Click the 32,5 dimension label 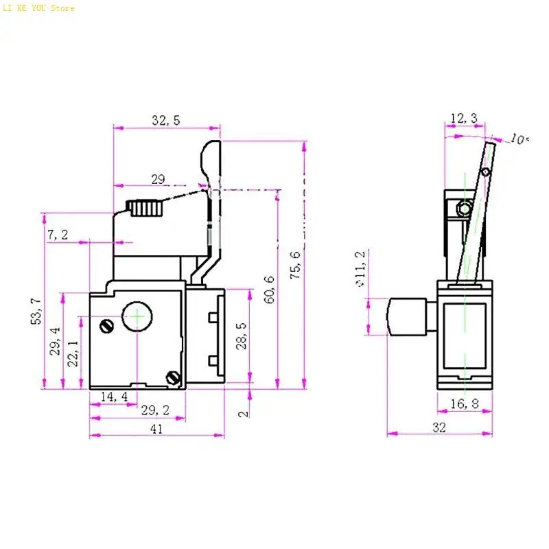165,121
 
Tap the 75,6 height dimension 295,264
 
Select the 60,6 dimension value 269,289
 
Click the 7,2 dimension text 58,235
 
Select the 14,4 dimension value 114,397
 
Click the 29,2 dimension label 155,410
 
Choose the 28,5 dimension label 242,336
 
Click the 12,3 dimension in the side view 464,119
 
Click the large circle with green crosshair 137,316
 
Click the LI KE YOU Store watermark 38,8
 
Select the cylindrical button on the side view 405,316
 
